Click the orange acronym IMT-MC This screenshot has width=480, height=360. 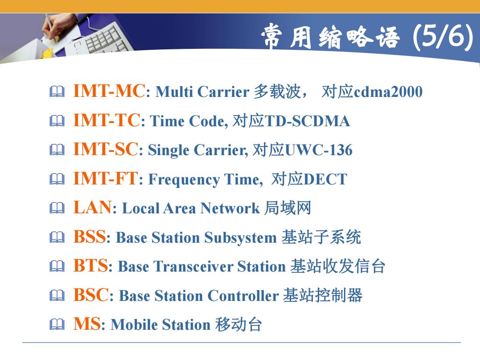click(109, 91)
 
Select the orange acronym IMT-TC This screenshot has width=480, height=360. click(107, 120)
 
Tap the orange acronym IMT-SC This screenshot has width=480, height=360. click(106, 149)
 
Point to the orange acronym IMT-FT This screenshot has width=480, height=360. click(106, 178)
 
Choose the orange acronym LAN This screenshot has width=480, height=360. click(92, 207)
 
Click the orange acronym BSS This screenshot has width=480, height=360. click(90, 236)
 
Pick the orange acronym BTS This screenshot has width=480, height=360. click(91, 265)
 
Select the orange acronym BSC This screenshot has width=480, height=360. click(91, 295)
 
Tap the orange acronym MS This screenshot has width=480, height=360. click(87, 324)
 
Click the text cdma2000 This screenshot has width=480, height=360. click(388, 92)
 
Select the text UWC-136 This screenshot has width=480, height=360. click(319, 150)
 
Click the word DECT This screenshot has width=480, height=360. click(325, 179)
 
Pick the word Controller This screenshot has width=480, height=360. click(243, 296)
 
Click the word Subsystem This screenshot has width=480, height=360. click(240, 237)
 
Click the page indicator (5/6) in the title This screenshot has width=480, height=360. click(443, 37)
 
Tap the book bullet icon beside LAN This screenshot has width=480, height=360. click(57, 208)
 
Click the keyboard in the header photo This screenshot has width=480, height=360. click(101, 40)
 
